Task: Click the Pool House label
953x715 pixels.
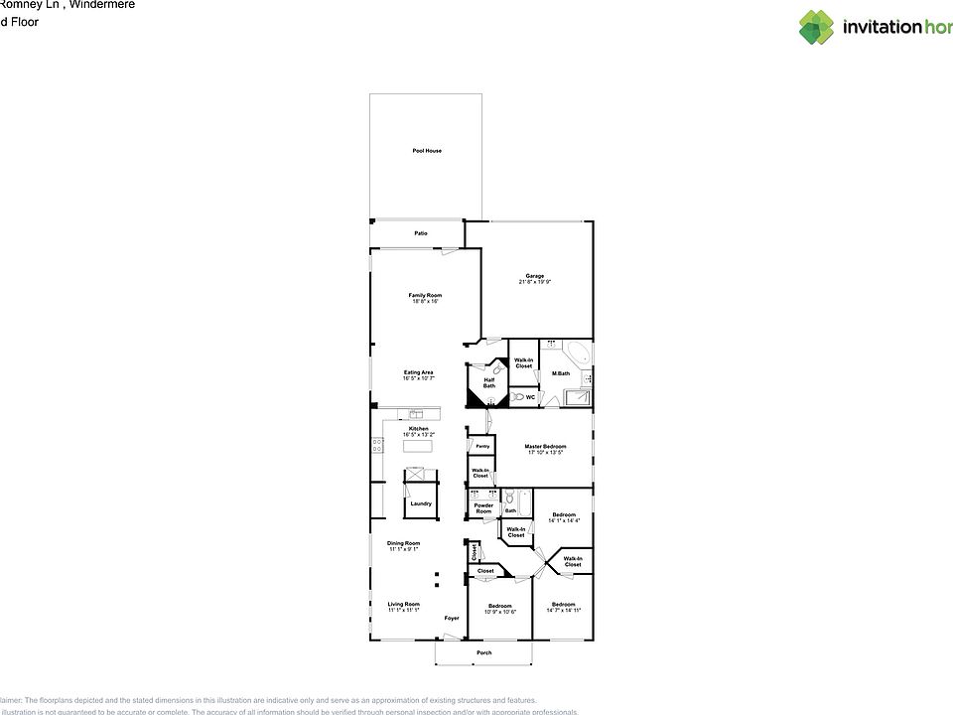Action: click(427, 151)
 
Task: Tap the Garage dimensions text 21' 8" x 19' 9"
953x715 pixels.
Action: click(535, 282)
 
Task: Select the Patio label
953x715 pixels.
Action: click(421, 233)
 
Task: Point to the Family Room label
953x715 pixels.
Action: click(425, 295)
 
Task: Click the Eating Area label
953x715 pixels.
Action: click(418, 372)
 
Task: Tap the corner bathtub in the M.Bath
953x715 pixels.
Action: click(579, 355)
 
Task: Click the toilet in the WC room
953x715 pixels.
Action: click(517, 397)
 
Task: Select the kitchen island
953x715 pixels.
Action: click(418, 446)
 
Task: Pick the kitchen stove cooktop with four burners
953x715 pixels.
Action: click(377, 446)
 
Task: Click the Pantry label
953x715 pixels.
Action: click(482, 447)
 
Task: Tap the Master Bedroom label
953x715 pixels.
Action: click(545, 447)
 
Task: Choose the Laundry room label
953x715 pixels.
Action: click(420, 503)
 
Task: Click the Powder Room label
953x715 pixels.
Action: click(483, 508)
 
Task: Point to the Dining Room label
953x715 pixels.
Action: click(404, 543)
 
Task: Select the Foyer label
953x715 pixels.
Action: click(452, 618)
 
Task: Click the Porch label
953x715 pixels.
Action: click(483, 652)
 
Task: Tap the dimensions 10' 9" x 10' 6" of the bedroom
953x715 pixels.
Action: click(499, 612)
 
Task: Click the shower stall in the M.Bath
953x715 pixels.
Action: click(576, 397)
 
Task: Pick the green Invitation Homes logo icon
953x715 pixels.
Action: click(817, 27)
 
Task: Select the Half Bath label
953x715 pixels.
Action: click(489, 383)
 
